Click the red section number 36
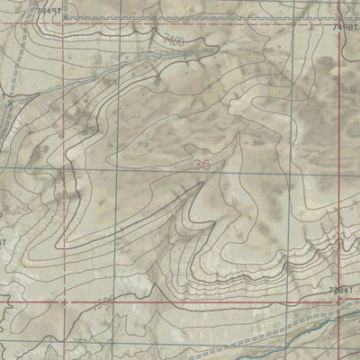(x=203, y=165)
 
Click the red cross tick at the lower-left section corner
(x=65, y=303)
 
